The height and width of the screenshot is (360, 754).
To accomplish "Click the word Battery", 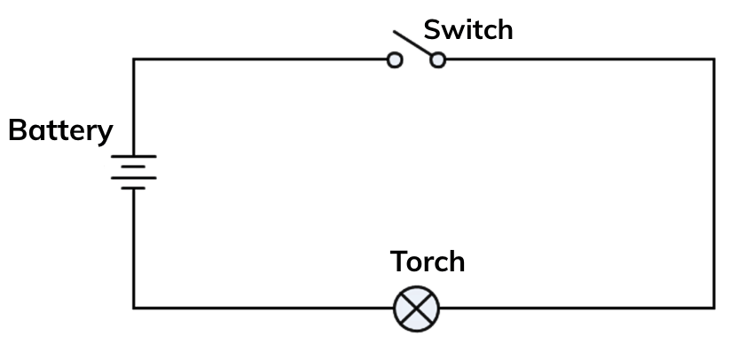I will pos(60,131).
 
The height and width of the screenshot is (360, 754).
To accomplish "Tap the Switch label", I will pos(467,30).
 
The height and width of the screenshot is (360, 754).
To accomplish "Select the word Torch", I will pos(428,262).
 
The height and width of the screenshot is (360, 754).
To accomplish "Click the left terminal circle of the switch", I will pos(395,60).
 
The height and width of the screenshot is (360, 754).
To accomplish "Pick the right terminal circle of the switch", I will pos(437,60).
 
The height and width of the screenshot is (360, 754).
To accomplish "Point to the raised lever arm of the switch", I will pos(412,44).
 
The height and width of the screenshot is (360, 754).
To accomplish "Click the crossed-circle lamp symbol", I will pos(416,309).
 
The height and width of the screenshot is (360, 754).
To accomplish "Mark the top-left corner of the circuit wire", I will pos(134,59).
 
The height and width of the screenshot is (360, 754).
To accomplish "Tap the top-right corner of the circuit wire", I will pos(713,59).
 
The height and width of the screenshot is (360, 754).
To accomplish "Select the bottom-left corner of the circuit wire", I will pos(134,308).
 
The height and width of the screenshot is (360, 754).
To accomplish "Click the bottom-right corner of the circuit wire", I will pos(713,308).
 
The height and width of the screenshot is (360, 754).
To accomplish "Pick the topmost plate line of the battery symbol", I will pos(134,157).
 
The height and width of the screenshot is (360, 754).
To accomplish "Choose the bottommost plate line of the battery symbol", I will pos(134,188).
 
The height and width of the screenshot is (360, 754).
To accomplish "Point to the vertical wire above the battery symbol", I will pos(134,106).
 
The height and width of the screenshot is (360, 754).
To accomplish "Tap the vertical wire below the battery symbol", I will pos(134,248).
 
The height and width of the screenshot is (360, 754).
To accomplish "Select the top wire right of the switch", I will pos(577,59).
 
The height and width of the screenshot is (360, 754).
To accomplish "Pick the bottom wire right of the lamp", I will pos(577,308).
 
